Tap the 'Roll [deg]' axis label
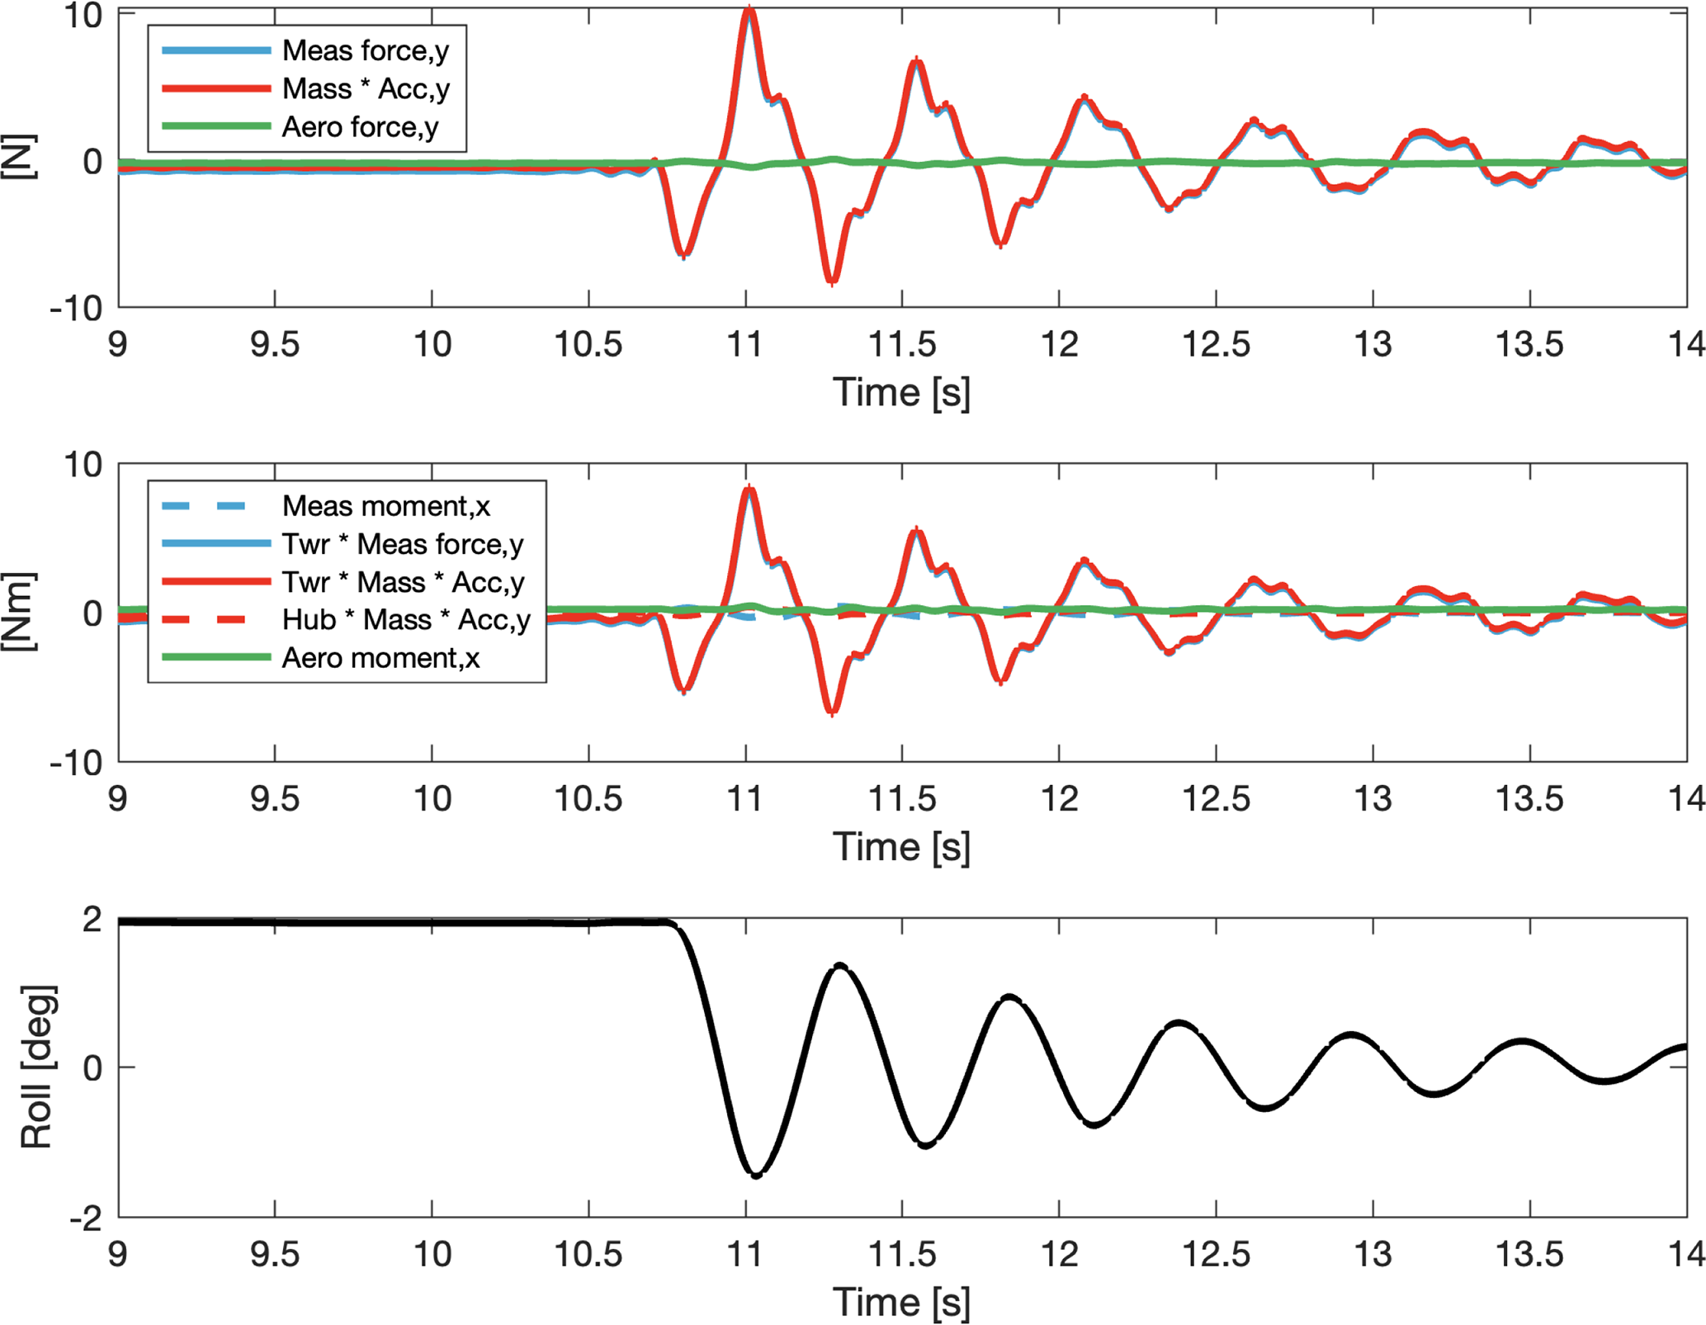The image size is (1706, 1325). click(x=37, y=1067)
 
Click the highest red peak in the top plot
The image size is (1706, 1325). click(x=749, y=10)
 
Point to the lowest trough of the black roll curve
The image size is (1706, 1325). click(x=756, y=1175)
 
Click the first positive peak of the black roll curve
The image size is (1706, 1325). click(x=840, y=965)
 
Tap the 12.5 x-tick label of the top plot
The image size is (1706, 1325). click(x=1216, y=344)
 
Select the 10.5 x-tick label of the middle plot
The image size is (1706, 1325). click(x=588, y=798)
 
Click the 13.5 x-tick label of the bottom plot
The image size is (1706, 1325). click(x=1529, y=1254)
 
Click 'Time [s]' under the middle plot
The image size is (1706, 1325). click(x=901, y=847)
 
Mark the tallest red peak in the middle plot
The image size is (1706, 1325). click(x=749, y=489)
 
